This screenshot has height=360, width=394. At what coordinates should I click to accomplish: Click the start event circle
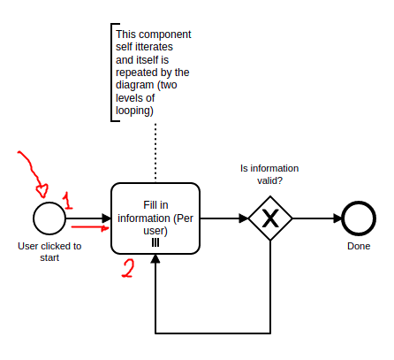pyautogui.click(x=49, y=218)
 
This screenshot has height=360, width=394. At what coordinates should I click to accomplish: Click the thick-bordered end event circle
pyautogui.click(x=359, y=218)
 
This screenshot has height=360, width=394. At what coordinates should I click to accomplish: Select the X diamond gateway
pyautogui.click(x=270, y=218)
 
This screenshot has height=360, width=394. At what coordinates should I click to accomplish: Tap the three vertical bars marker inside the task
pyautogui.click(x=155, y=241)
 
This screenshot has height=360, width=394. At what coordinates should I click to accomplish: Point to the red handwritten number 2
pyautogui.click(x=128, y=269)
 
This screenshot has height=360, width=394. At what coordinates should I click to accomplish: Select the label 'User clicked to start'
pyautogui.click(x=49, y=252)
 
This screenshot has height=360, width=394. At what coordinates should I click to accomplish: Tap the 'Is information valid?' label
pyautogui.click(x=269, y=173)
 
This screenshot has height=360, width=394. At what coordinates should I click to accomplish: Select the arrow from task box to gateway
pyautogui.click(x=224, y=218)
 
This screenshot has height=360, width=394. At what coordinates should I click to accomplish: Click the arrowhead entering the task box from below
pyautogui.click(x=155, y=260)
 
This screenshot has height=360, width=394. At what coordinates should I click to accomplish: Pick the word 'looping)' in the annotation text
pyautogui.click(x=135, y=111)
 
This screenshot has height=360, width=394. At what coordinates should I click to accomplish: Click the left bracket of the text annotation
pyautogui.click(x=110, y=71)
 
